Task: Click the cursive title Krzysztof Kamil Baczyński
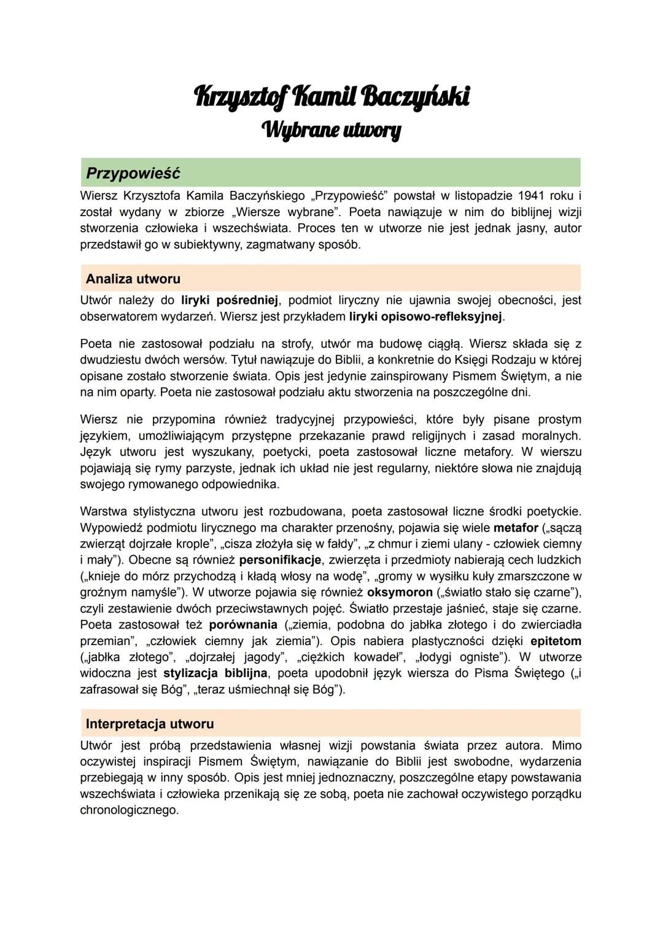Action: pos(331,97)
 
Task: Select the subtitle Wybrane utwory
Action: pos(331,130)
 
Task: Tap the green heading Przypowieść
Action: pos(133,173)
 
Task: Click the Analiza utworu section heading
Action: pos(133,279)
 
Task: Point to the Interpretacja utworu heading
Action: pos(150,724)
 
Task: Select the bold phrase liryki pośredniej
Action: pos(230,300)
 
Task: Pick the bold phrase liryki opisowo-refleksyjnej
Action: pos(425,317)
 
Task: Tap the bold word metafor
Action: pos(516,527)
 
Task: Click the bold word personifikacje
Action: pos(281,560)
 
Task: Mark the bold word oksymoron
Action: pos(400,592)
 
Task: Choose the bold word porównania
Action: pos(243,624)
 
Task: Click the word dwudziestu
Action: pos(109,360)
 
